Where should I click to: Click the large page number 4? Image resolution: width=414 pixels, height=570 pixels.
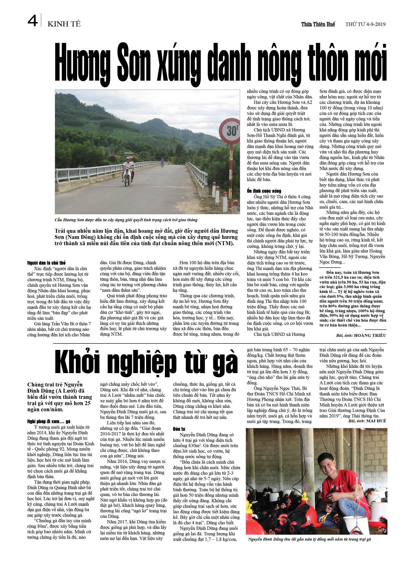click(33, 21)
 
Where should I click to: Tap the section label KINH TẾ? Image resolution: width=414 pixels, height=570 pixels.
click(64, 24)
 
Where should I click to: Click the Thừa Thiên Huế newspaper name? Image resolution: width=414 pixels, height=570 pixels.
click(318, 24)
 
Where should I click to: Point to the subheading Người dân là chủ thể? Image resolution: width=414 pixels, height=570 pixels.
click(46, 263)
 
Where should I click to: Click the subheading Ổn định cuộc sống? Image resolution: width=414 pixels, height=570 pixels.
click(264, 191)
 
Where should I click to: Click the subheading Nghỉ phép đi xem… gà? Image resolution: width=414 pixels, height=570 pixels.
click(49, 421)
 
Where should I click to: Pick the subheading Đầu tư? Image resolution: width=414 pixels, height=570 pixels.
click(179, 429)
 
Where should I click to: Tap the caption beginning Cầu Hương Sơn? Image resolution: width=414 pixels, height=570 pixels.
click(126, 220)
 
